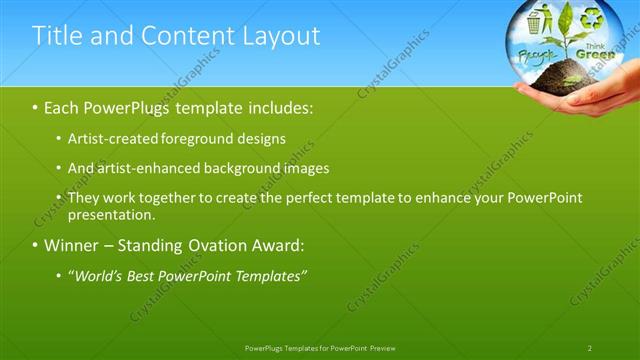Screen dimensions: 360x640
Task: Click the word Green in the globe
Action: (x=596, y=55)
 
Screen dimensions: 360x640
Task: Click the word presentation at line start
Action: (x=111, y=214)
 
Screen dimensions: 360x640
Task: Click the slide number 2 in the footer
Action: (x=590, y=347)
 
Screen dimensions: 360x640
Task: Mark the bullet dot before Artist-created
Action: (x=59, y=138)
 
